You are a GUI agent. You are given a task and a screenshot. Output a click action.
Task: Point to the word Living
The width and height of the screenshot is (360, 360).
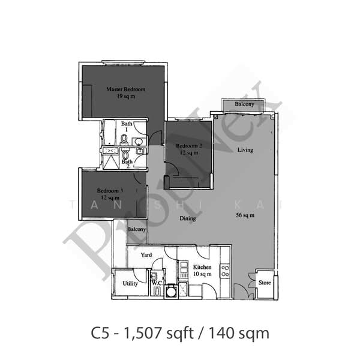point(245,149)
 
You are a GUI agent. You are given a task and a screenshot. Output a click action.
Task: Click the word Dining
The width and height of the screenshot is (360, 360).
point(188,218)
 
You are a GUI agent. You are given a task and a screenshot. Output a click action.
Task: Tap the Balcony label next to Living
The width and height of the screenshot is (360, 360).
point(244,105)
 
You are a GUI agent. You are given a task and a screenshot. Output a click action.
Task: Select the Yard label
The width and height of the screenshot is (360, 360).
point(146,255)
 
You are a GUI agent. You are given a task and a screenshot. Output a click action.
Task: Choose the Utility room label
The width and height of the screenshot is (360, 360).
point(130,283)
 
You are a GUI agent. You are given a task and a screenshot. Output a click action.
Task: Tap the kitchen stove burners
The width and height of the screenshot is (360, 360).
point(225,271)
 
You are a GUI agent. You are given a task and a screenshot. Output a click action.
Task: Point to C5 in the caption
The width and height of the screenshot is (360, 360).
point(101,331)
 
